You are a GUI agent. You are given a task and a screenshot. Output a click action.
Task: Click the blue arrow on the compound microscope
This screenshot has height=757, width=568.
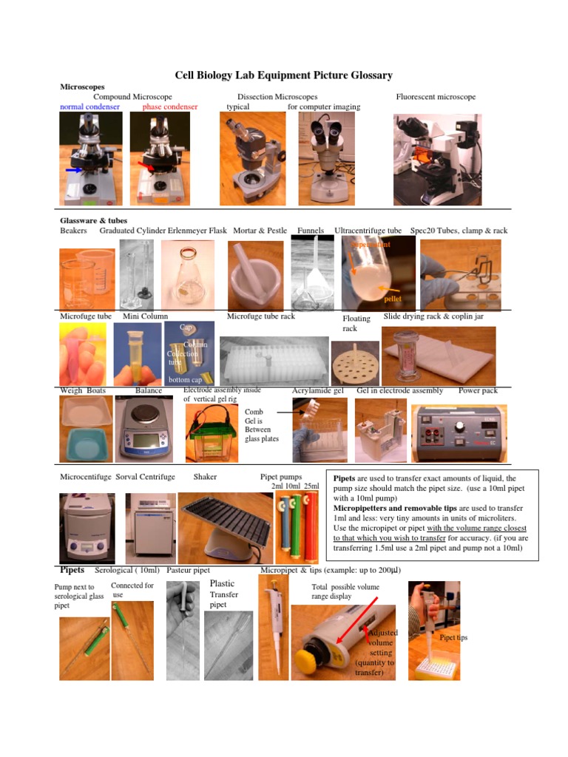(x=72, y=170)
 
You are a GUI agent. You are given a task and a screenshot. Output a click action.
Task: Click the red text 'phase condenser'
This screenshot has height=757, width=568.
(x=170, y=107)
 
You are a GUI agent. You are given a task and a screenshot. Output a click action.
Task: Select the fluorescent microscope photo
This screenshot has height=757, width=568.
(x=436, y=159)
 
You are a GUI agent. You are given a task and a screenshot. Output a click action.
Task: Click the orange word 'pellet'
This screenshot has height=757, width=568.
(x=393, y=299)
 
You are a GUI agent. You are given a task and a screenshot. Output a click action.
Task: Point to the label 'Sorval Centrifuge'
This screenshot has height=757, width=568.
(x=146, y=477)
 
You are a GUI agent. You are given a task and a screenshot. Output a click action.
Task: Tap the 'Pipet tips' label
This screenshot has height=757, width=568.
(x=453, y=637)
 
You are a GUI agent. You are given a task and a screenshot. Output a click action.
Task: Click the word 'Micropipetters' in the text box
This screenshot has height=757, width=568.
(x=359, y=509)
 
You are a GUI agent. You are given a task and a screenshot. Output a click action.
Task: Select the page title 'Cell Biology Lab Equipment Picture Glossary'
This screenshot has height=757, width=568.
(x=283, y=75)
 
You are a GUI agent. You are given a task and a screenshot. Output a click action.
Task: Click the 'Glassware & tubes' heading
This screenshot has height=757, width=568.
(x=93, y=220)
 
